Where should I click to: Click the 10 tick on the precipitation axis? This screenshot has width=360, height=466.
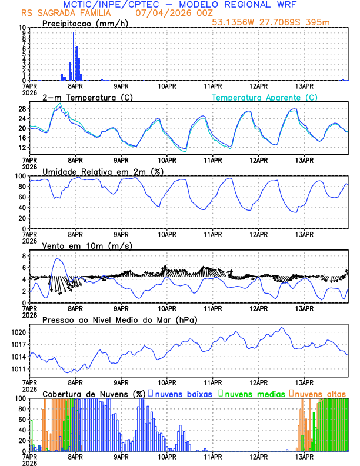tap(22, 28)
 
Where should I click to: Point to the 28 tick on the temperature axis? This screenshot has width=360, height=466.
tap(22, 109)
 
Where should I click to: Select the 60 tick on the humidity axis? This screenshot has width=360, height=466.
tap(22, 197)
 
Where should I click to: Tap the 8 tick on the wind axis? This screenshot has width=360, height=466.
tap(24, 256)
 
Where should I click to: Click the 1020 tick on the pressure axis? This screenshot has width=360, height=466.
tap(18, 332)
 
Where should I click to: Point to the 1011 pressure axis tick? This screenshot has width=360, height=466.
tap(18, 369)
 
